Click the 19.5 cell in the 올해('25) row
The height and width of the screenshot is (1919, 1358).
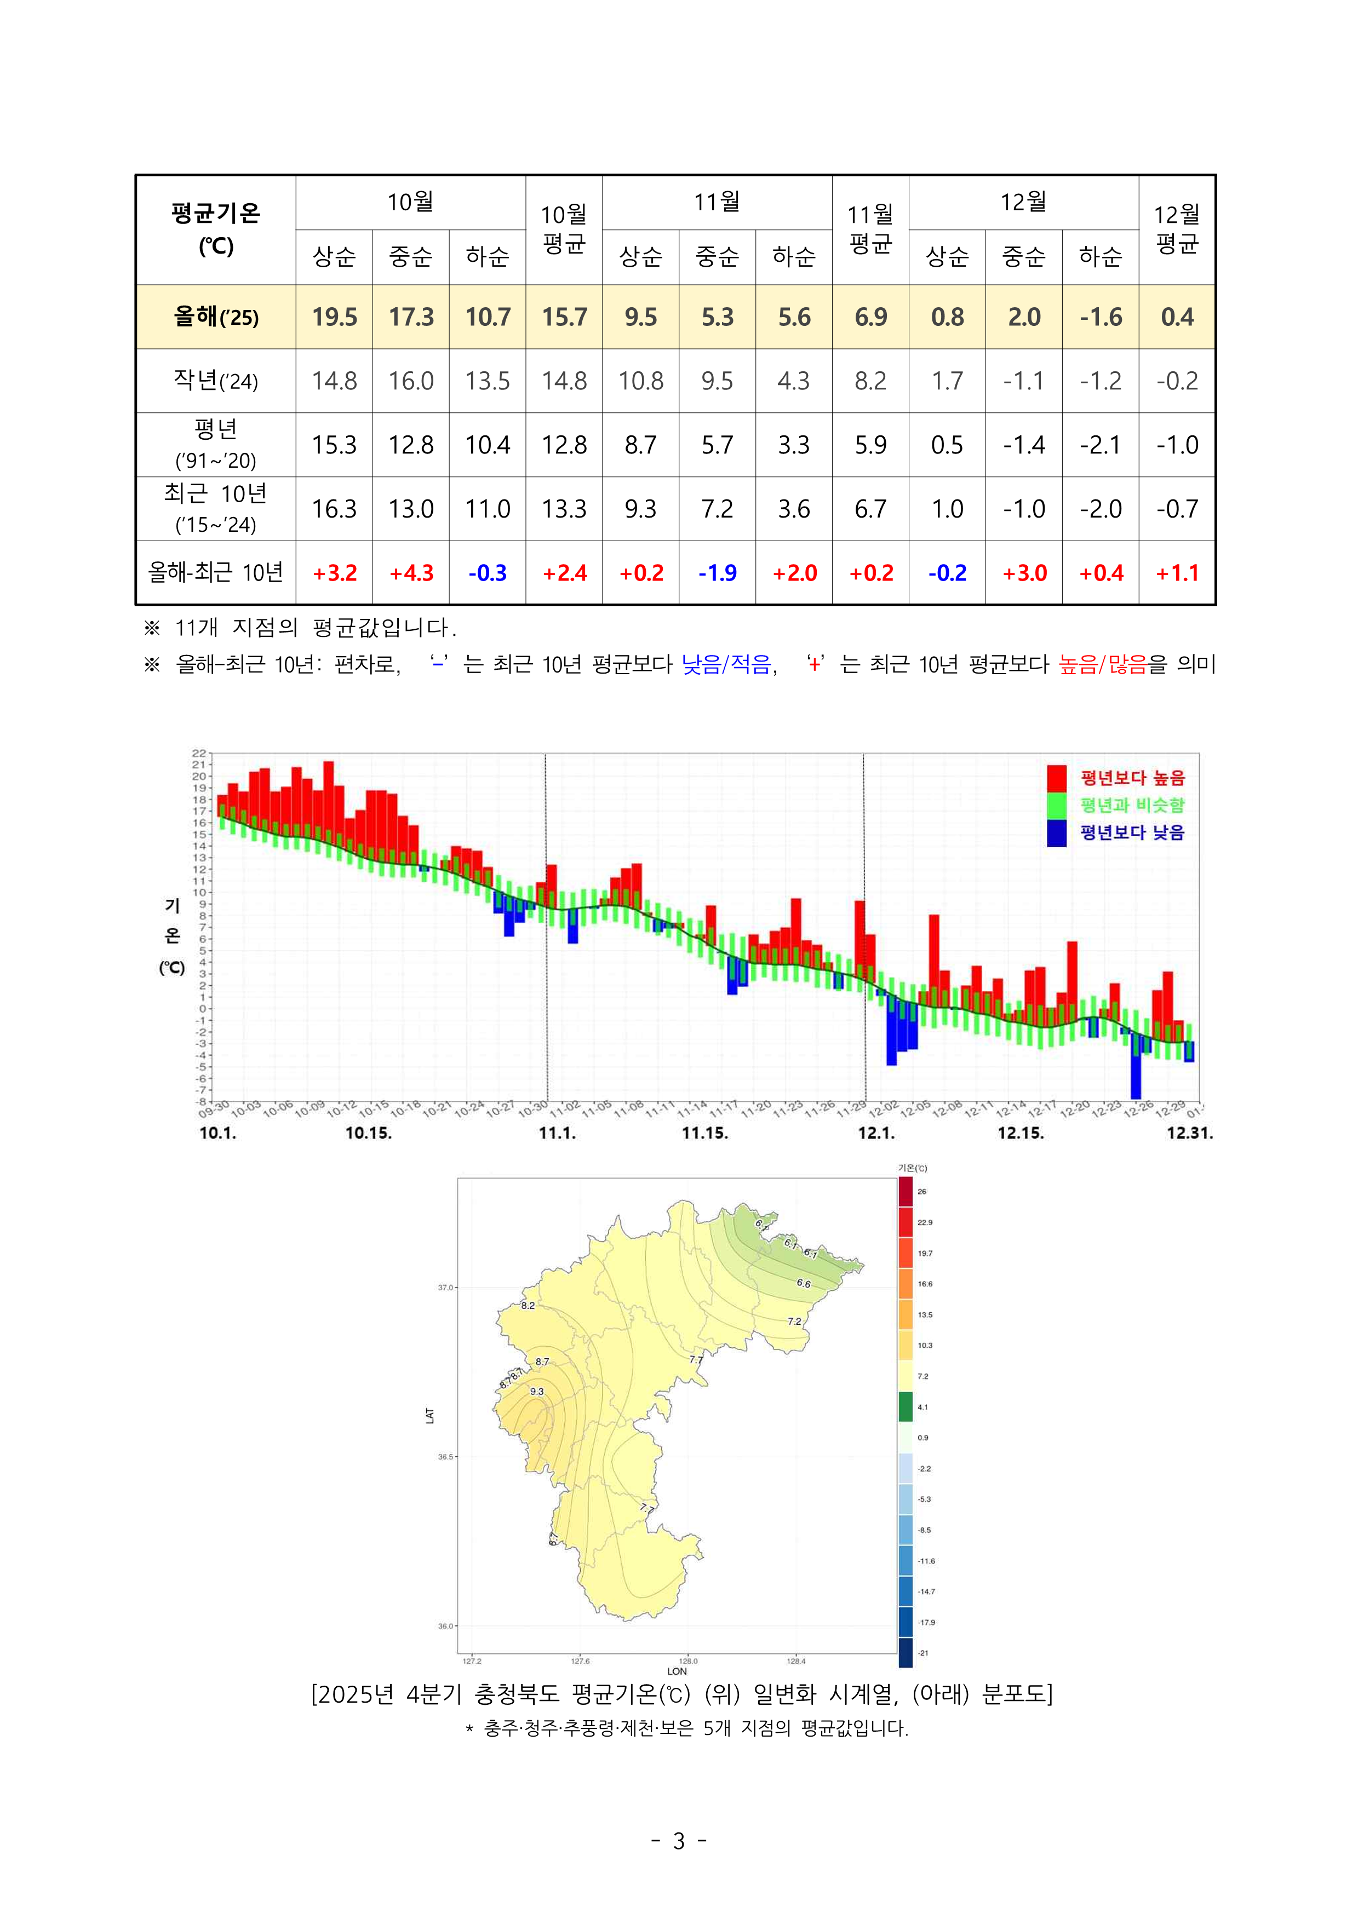pyautogui.click(x=335, y=318)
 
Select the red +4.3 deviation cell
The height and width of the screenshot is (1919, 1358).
pyautogui.click(x=411, y=573)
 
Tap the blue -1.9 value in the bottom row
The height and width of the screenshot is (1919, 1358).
pyautogui.click(x=718, y=573)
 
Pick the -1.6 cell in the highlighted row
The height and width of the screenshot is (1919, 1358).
pyautogui.click(x=1101, y=318)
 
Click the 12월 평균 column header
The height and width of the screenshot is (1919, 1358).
pyautogui.click(x=1177, y=229)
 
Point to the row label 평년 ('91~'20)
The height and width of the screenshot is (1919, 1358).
pyautogui.click(x=216, y=444)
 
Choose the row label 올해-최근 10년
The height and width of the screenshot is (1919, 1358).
pyautogui.click(x=216, y=573)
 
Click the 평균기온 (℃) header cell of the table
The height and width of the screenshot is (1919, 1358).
pyautogui.click(x=216, y=229)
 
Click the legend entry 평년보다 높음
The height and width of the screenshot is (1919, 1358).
pyautogui.click(x=1132, y=778)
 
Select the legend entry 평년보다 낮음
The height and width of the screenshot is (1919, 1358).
pyautogui.click(x=1132, y=832)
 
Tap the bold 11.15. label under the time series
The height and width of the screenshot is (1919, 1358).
pyautogui.click(x=705, y=1133)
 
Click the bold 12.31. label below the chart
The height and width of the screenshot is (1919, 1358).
pyautogui.click(x=1189, y=1133)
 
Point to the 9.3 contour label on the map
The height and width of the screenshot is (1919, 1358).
pyautogui.click(x=537, y=1392)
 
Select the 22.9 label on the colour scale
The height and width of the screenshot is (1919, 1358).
pyautogui.click(x=925, y=1223)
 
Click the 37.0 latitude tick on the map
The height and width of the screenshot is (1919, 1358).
pyautogui.click(x=446, y=1288)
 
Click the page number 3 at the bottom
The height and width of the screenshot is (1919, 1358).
pyautogui.click(x=679, y=1841)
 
